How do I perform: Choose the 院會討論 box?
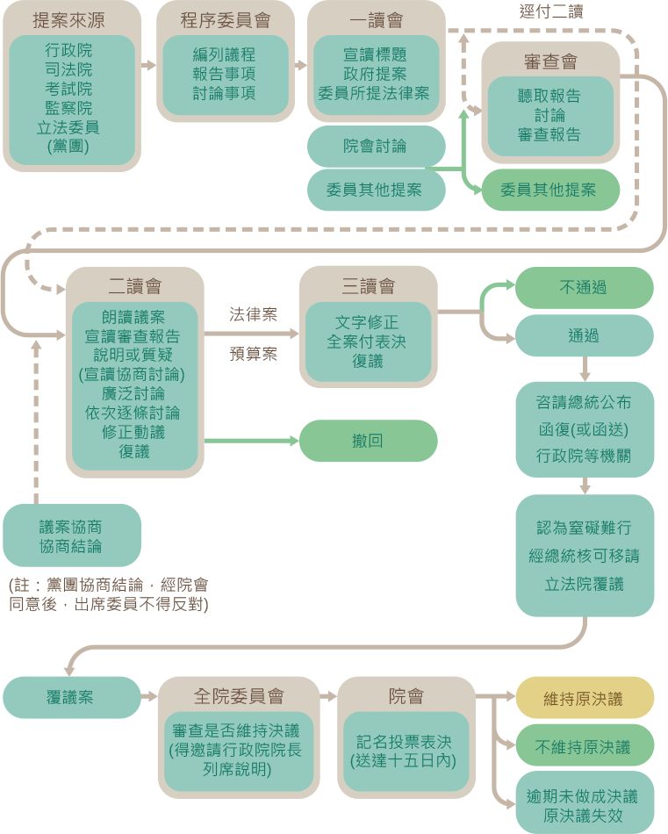(x=375, y=146)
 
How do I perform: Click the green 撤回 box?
(x=368, y=441)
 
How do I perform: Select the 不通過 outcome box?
(x=583, y=287)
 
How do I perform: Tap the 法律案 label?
(x=253, y=313)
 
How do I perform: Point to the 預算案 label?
(x=253, y=354)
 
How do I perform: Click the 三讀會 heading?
(x=368, y=286)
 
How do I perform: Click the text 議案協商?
(x=71, y=527)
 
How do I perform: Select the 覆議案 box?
(x=70, y=698)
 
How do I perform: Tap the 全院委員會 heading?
(x=239, y=696)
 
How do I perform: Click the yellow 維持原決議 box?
(x=583, y=699)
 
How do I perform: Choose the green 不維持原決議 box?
(x=583, y=746)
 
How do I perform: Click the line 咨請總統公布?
(x=583, y=402)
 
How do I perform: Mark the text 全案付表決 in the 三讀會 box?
(x=367, y=342)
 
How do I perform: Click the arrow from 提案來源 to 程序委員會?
(x=147, y=65)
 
